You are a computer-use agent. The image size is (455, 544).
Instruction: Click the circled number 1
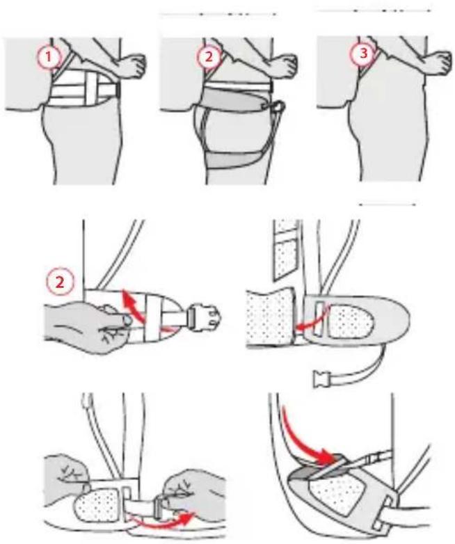[49, 57]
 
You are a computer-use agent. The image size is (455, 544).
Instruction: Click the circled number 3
[363, 54]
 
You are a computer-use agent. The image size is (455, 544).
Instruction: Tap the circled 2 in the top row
[208, 57]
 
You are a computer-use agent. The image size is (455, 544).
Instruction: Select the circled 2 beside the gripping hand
[60, 282]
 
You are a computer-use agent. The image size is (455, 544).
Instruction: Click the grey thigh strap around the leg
[237, 158]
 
